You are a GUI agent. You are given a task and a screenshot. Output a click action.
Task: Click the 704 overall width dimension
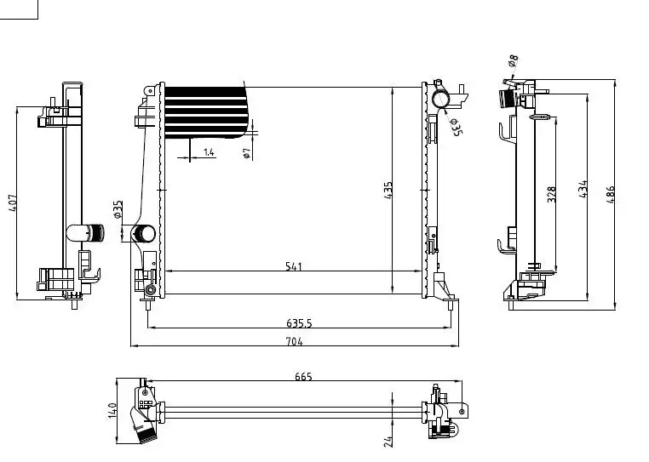tap(295, 342)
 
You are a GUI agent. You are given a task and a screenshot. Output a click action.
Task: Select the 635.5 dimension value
tap(299, 323)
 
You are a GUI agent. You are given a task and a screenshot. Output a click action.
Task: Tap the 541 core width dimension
tap(294, 266)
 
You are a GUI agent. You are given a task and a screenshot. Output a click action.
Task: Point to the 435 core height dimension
tap(388, 191)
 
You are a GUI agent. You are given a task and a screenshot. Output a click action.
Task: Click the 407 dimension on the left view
tap(13, 203)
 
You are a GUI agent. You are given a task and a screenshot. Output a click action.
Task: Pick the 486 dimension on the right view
tap(611, 194)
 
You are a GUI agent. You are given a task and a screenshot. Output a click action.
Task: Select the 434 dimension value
tap(583, 189)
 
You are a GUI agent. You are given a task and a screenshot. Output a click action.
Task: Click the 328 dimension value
tap(551, 194)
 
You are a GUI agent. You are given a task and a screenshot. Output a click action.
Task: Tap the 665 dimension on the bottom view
tap(303, 376)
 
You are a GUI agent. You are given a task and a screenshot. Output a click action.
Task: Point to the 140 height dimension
tap(112, 410)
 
